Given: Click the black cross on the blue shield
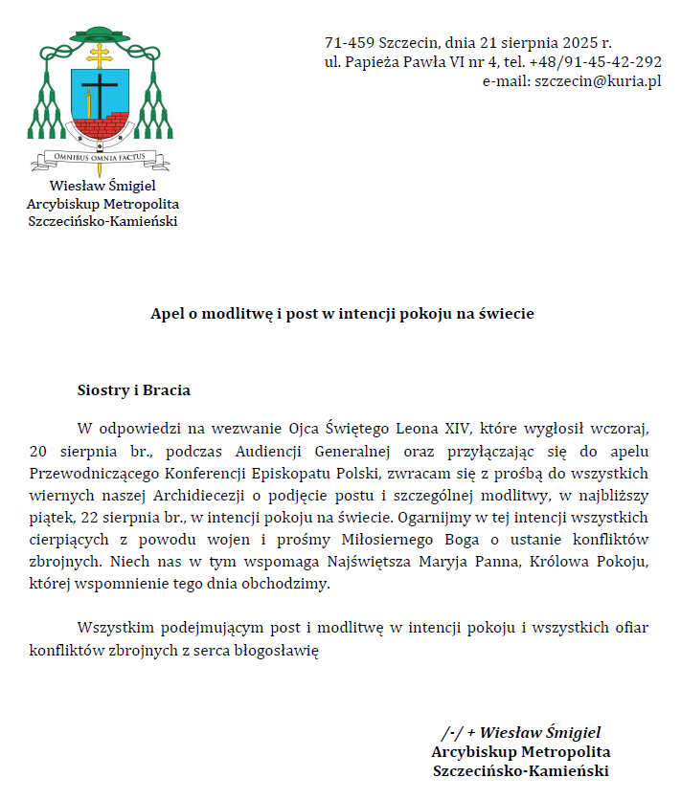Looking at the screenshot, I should (x=99, y=96).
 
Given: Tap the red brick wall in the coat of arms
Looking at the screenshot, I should (x=100, y=128).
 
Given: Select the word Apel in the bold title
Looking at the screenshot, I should (x=167, y=313).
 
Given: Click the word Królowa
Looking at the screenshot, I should (x=542, y=562).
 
